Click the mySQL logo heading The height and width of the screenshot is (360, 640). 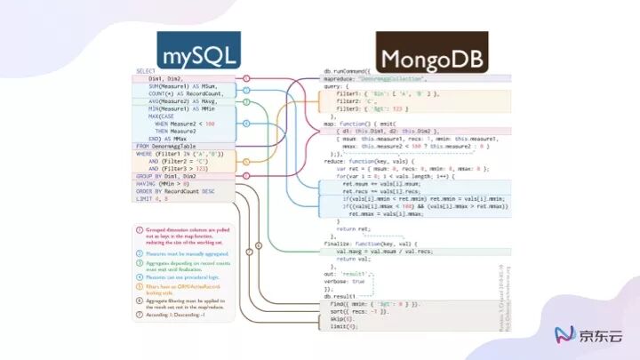[x=197, y=51]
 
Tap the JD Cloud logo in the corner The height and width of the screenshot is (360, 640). [x=588, y=333]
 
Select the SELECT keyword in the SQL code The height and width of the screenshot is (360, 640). [x=145, y=71]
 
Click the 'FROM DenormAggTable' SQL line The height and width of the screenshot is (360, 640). [x=170, y=145]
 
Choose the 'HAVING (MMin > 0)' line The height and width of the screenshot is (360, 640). [x=164, y=183]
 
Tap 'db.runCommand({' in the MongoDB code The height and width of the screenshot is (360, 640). [x=353, y=71]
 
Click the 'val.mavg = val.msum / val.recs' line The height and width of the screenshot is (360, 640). [x=392, y=252]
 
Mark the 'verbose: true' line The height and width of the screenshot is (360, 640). [x=350, y=282]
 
